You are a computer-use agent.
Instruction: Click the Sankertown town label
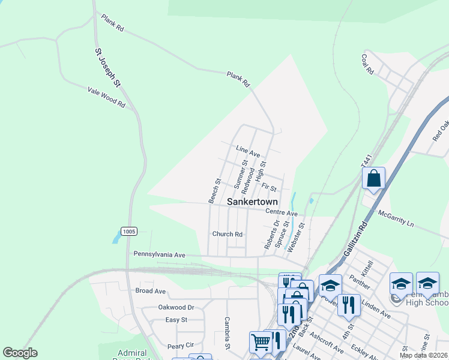click(252, 202)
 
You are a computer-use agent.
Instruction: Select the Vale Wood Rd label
click(106, 97)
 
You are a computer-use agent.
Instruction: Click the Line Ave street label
click(248, 151)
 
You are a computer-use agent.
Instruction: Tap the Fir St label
click(268, 188)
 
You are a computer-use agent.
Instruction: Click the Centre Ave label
click(282, 213)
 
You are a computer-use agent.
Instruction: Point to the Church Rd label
click(228, 234)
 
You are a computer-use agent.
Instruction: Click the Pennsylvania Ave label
click(160, 254)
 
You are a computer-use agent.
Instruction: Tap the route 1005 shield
click(128, 231)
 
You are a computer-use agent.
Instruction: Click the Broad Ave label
click(150, 291)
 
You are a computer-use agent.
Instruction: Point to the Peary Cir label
click(181, 345)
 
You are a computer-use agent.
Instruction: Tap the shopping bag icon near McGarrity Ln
click(373, 178)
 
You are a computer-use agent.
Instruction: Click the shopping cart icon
click(261, 342)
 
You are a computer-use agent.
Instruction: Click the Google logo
click(20, 353)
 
